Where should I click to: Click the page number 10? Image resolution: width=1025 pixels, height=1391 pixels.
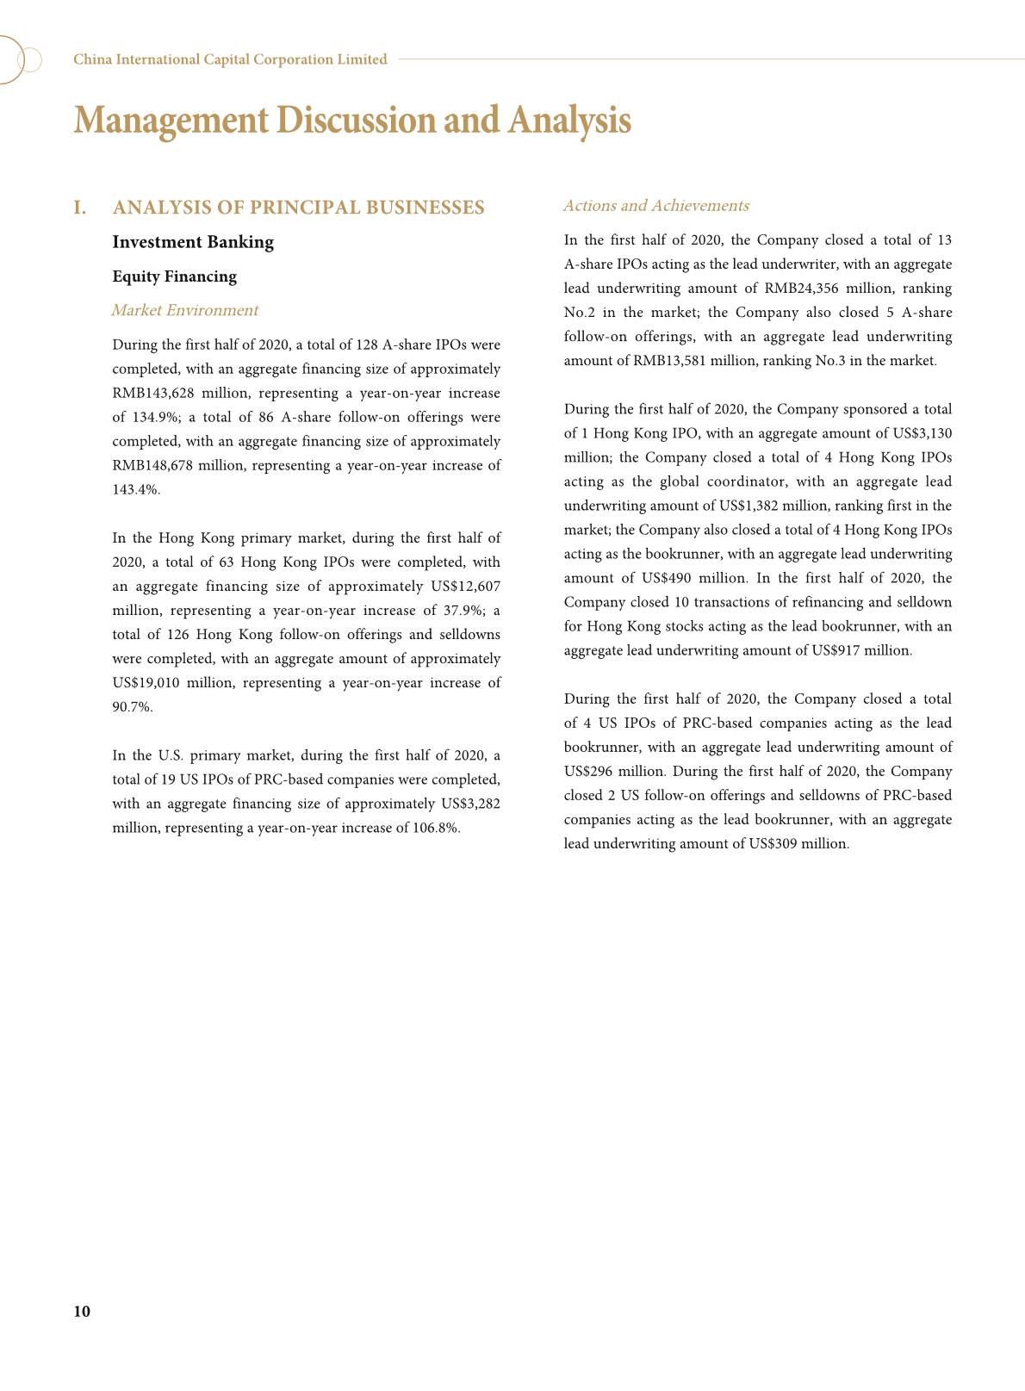tap(82, 1311)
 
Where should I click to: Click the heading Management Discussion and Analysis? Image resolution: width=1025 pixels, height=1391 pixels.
tap(352, 120)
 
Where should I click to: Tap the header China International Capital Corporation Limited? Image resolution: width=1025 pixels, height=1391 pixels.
tap(230, 59)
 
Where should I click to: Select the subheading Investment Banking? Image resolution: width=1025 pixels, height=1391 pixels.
tap(193, 242)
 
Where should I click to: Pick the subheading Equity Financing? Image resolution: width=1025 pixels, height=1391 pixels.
tap(174, 276)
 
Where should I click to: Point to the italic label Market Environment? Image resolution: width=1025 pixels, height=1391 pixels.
tap(184, 310)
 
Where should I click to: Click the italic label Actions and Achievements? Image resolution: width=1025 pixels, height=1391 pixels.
tap(655, 206)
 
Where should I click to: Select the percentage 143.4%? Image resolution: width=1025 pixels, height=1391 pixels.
tap(135, 489)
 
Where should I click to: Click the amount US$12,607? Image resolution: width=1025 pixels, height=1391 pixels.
tap(465, 586)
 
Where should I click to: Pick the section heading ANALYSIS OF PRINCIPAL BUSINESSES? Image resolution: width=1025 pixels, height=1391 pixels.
tap(298, 208)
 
